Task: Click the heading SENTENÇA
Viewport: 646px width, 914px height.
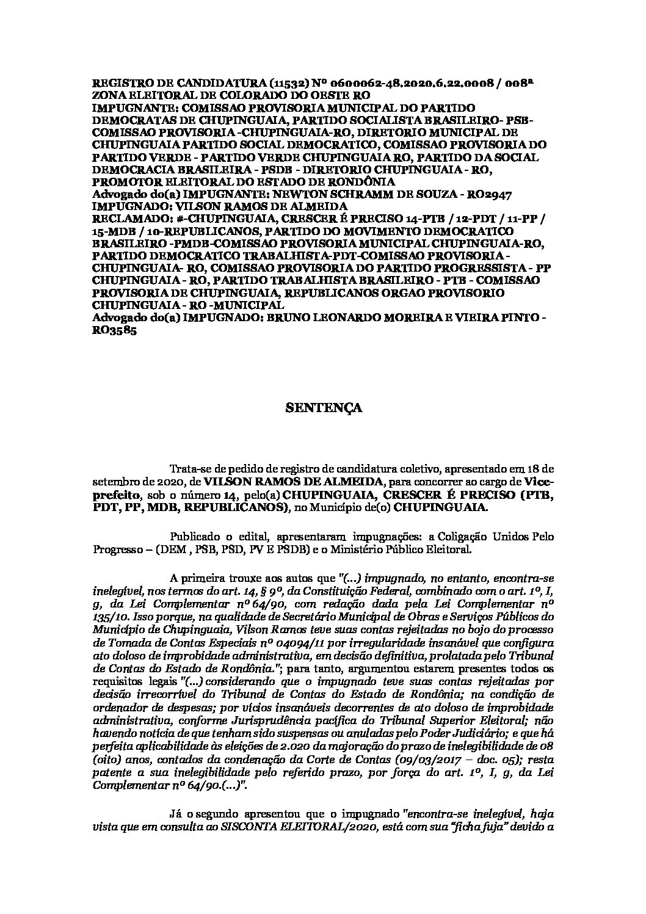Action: click(324, 408)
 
